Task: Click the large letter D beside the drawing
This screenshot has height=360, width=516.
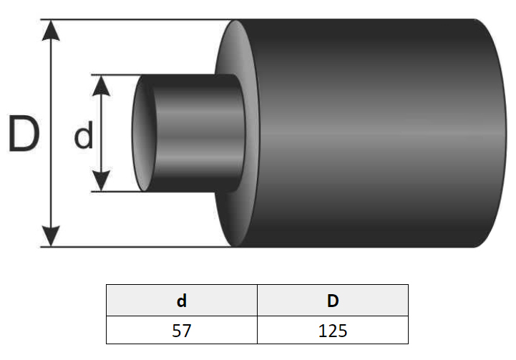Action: tap(24, 134)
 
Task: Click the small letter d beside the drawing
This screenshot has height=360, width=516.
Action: tap(83, 135)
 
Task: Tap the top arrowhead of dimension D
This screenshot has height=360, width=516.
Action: tap(51, 30)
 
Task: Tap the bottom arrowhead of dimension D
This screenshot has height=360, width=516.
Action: tap(51, 236)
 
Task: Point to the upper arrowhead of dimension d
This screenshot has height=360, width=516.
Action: tap(101, 86)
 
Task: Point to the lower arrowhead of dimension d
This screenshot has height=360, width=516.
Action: tap(101, 181)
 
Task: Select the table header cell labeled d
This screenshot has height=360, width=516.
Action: tap(182, 301)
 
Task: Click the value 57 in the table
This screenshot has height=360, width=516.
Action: tap(181, 331)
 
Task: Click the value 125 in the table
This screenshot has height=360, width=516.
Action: tap(333, 331)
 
